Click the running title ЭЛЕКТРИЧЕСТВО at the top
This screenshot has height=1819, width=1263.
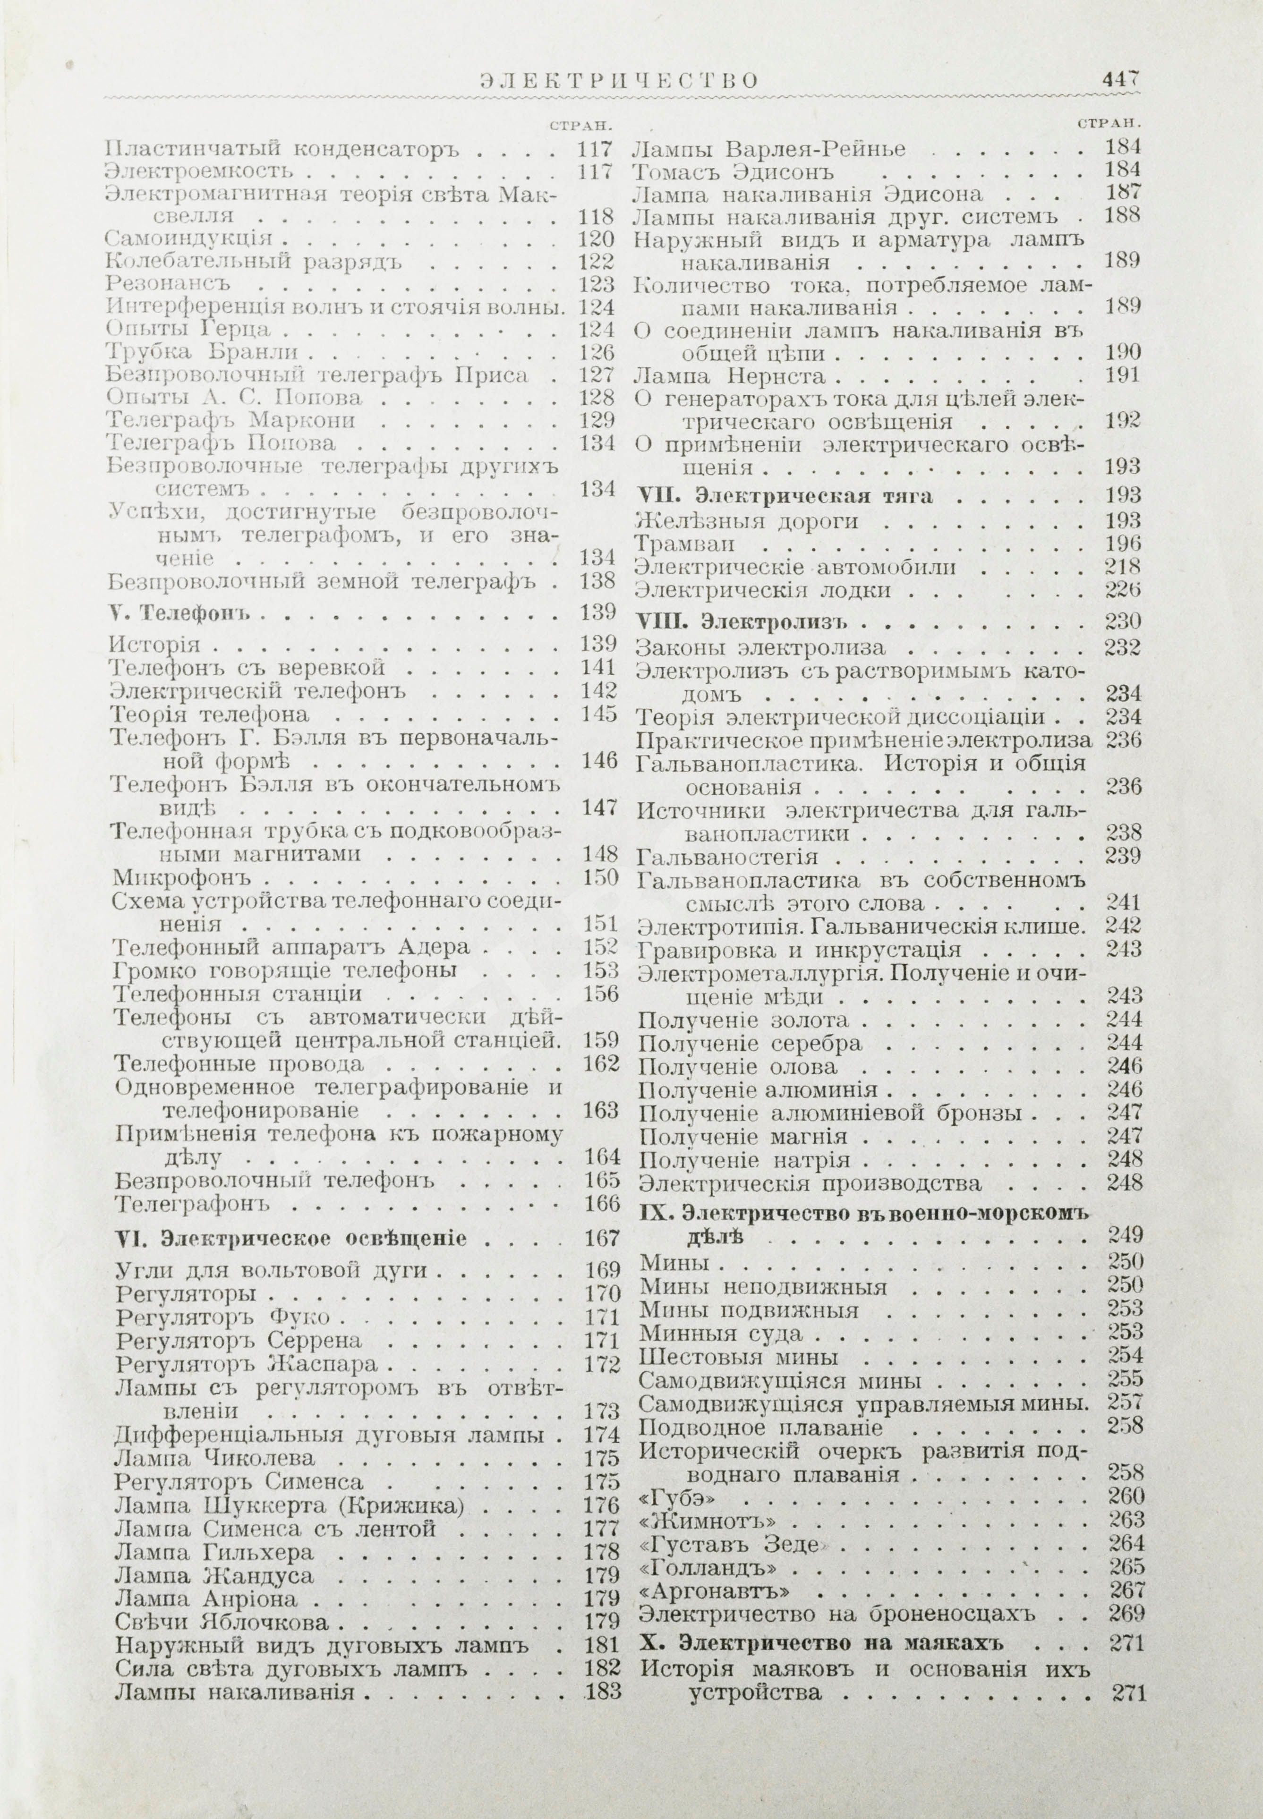pyautogui.click(x=608, y=82)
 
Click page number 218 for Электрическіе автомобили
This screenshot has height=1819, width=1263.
pyautogui.click(x=1122, y=567)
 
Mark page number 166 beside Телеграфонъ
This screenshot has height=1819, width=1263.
pyautogui.click(x=600, y=1203)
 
